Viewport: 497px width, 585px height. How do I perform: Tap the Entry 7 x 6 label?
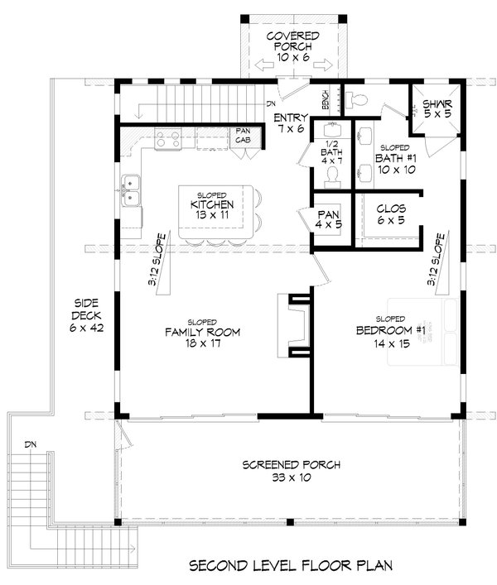(x=291, y=124)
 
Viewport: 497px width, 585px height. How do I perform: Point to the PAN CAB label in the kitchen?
(x=243, y=136)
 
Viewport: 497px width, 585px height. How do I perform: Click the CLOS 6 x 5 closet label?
(x=389, y=214)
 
